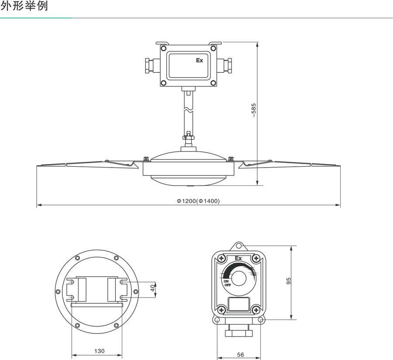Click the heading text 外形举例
[24, 7]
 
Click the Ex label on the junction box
[199, 60]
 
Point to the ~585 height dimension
[254, 110]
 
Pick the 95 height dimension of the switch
[289, 281]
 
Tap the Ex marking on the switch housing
[238, 258]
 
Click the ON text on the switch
[226, 281]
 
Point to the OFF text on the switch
[227, 285]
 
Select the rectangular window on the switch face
[239, 304]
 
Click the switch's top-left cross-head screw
[222, 259]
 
